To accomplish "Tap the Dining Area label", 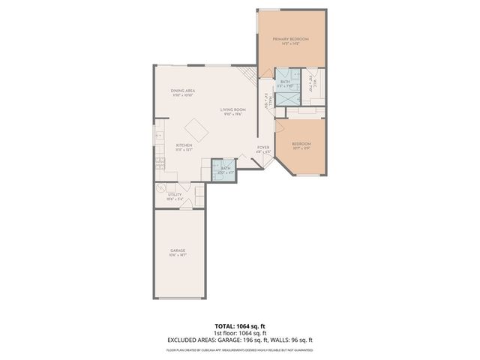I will click(x=183, y=91).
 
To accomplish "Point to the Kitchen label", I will click(x=184, y=145).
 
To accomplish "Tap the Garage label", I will click(x=178, y=250).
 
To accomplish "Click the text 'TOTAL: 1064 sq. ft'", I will click(x=240, y=326).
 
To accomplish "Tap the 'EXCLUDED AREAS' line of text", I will click(x=240, y=340).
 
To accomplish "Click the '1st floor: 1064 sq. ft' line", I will click(x=240, y=333).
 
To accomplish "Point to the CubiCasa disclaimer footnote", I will click(x=240, y=349).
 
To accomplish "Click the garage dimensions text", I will click(x=178, y=256).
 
